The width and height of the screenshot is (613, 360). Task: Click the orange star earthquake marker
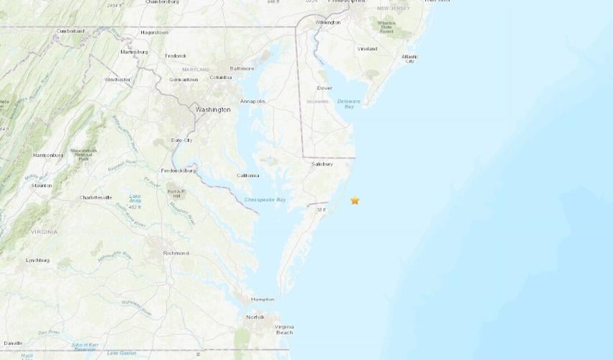coord(355,201)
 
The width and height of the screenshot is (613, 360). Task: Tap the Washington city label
coord(213,109)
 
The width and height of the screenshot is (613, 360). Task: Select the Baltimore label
coord(242,68)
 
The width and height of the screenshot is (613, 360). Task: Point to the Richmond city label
coord(176,253)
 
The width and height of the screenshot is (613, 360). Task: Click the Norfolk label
coord(255,317)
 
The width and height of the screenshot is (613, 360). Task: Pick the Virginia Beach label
coord(284,330)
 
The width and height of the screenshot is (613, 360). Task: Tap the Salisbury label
coord(322,164)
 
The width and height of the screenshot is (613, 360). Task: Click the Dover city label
coord(324,88)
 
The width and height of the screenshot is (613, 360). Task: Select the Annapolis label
coord(253,102)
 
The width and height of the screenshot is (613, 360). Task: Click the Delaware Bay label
coord(349,104)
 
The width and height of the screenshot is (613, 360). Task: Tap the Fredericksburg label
coord(178,171)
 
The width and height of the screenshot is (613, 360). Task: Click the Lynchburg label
coord(37,260)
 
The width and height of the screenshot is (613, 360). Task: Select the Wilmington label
coord(327,22)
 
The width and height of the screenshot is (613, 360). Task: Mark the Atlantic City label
coord(409,58)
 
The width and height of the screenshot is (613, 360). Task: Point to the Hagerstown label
coord(155,32)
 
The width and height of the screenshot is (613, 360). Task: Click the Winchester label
coord(117,79)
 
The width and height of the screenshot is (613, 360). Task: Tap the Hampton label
coord(262,300)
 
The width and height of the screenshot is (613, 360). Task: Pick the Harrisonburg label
coord(47,155)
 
